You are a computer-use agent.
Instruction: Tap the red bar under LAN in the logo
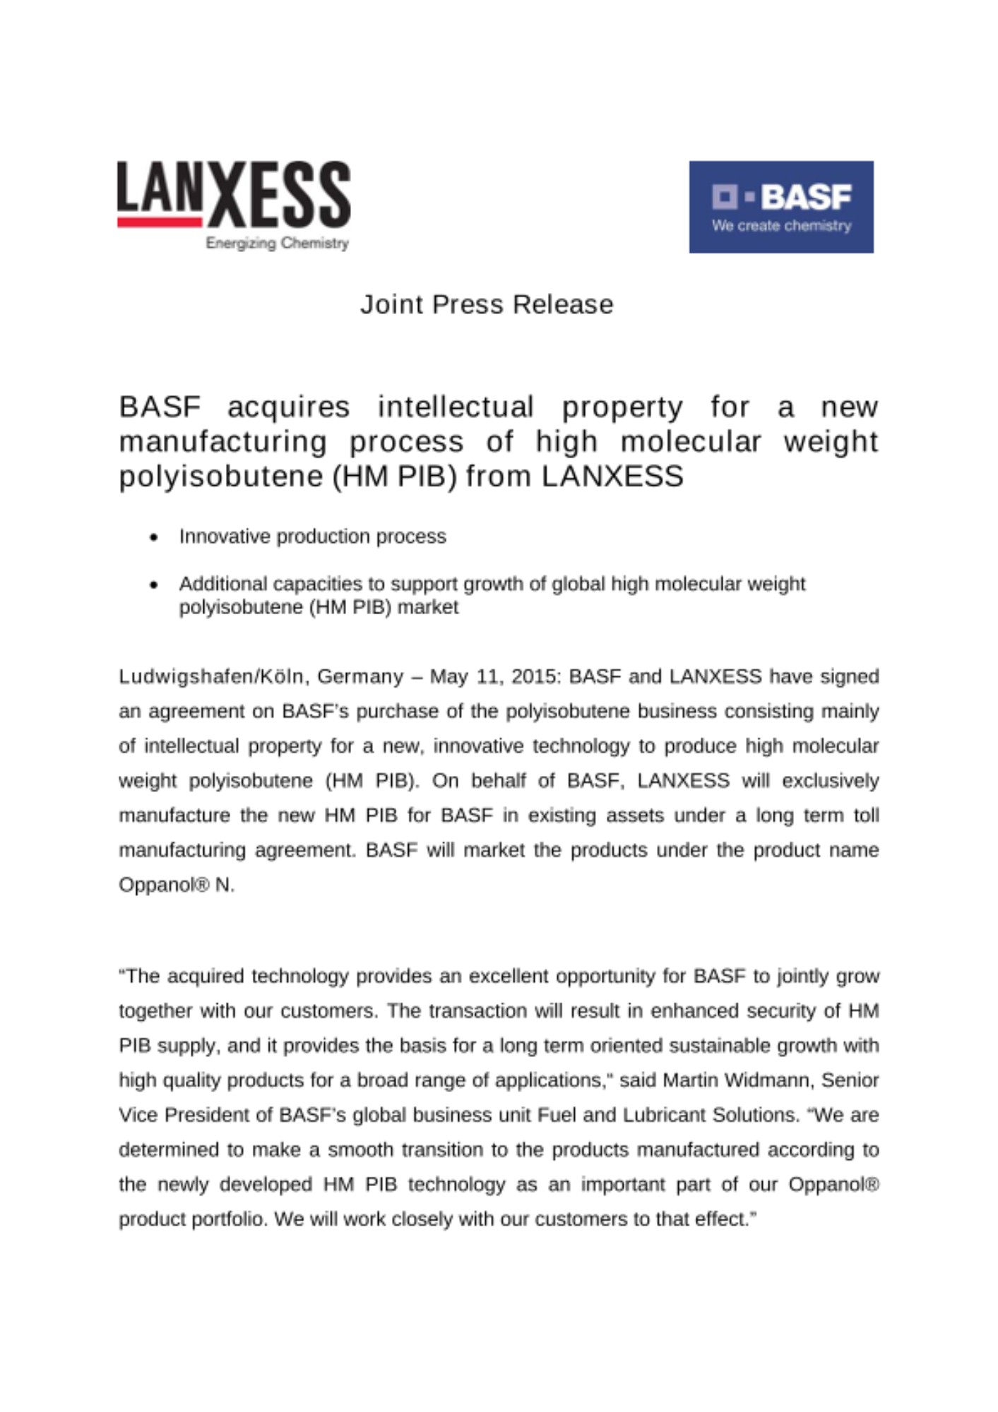[x=160, y=222]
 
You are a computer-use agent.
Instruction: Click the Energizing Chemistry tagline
[x=277, y=243]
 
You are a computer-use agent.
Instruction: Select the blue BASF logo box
[x=780, y=206]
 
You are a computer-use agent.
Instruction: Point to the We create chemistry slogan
[x=781, y=226]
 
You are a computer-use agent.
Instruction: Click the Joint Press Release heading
[x=487, y=304]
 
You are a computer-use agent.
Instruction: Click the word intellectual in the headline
[x=456, y=407]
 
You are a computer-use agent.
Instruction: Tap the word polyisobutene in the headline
[x=219, y=477]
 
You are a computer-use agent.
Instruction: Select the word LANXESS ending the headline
[x=612, y=477]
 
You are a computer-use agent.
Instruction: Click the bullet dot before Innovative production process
[x=154, y=537]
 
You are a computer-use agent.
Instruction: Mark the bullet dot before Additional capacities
[x=154, y=585]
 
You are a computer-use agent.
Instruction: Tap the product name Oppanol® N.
[x=176, y=885]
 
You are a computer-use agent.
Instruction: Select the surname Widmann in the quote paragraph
[x=768, y=1080]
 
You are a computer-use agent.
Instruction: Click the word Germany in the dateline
[x=360, y=676]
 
